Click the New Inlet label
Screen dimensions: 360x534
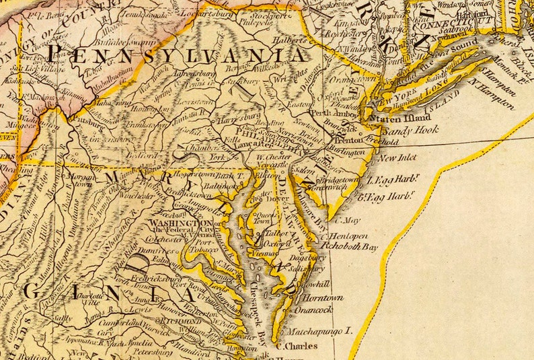[x=397, y=159]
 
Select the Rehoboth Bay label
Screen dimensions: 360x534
[x=351, y=246]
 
